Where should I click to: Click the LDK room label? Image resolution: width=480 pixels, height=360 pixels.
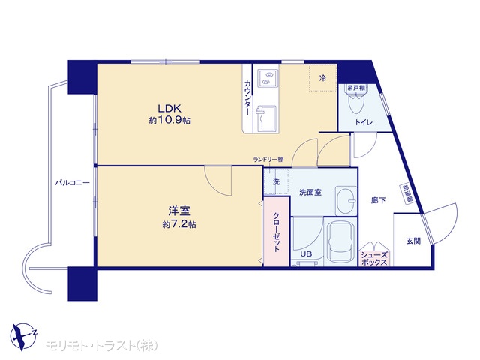[169, 108]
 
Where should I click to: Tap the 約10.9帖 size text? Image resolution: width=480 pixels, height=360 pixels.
[169, 120]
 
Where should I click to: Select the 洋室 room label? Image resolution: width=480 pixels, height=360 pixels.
[179, 211]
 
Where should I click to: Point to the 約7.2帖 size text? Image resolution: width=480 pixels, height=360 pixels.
[179, 224]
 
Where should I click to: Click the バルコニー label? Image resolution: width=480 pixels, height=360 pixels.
[73, 183]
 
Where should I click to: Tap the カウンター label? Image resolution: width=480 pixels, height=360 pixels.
[247, 97]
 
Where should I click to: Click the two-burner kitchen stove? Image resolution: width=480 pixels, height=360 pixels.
[268, 78]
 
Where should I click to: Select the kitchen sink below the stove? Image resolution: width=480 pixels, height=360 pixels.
[266, 118]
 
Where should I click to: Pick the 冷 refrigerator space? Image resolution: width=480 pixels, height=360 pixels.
[323, 78]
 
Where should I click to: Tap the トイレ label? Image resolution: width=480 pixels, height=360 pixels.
[364, 122]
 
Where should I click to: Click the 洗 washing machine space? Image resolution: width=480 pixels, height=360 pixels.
[276, 181]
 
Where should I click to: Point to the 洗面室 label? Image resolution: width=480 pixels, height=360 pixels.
[310, 193]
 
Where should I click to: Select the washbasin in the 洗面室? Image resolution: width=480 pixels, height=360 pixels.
[346, 201]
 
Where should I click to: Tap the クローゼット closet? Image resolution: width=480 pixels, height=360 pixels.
[277, 232]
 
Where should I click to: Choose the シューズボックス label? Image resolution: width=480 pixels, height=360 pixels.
[374, 259]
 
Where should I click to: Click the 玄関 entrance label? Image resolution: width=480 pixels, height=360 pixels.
[413, 241]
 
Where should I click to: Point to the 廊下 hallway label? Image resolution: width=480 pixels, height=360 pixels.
[378, 200]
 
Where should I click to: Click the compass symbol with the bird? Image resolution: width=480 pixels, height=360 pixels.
[23, 336]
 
